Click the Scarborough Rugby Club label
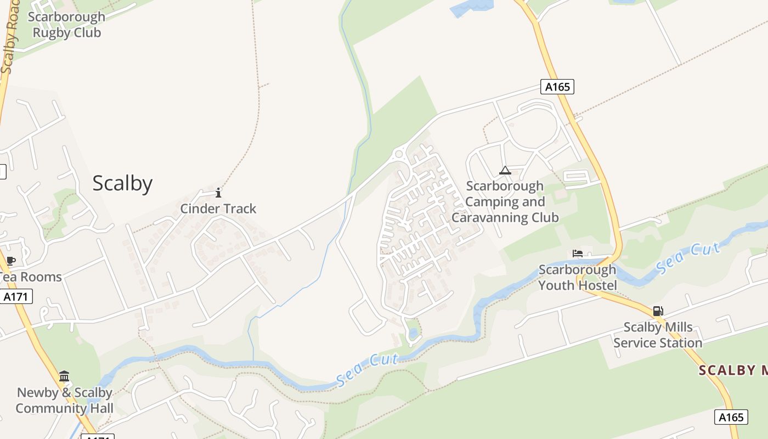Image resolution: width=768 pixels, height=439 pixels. click(66, 25)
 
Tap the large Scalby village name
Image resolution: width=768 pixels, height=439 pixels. click(122, 183)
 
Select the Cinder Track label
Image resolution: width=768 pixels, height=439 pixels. click(218, 209)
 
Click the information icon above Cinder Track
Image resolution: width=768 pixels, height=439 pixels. click(218, 193)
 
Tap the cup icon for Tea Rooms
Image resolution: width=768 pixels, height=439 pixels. click(10, 260)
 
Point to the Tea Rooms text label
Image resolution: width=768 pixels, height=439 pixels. click(31, 277)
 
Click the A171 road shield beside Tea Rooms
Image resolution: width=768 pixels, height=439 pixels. click(16, 297)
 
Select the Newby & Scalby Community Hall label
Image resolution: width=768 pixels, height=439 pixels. click(65, 400)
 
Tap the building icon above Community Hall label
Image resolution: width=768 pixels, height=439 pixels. click(64, 376)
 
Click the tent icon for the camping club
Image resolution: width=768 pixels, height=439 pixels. click(505, 170)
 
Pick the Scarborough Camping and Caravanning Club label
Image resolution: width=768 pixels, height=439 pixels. click(505, 201)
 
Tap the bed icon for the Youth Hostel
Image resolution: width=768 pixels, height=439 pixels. click(578, 254)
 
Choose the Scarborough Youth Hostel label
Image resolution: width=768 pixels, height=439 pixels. click(578, 277)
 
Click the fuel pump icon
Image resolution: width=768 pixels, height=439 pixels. click(658, 311)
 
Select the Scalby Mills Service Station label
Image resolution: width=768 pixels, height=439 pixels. click(658, 335)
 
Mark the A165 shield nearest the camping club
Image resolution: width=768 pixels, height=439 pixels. click(557, 87)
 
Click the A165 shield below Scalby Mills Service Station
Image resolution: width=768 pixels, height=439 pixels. click(731, 417)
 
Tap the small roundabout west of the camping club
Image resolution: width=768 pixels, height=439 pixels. click(399, 155)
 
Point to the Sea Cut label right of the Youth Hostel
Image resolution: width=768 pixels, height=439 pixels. click(688, 258)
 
